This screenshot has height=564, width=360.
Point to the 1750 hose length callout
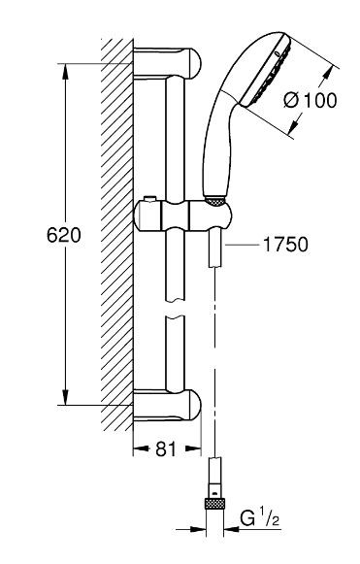pos(282,246)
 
